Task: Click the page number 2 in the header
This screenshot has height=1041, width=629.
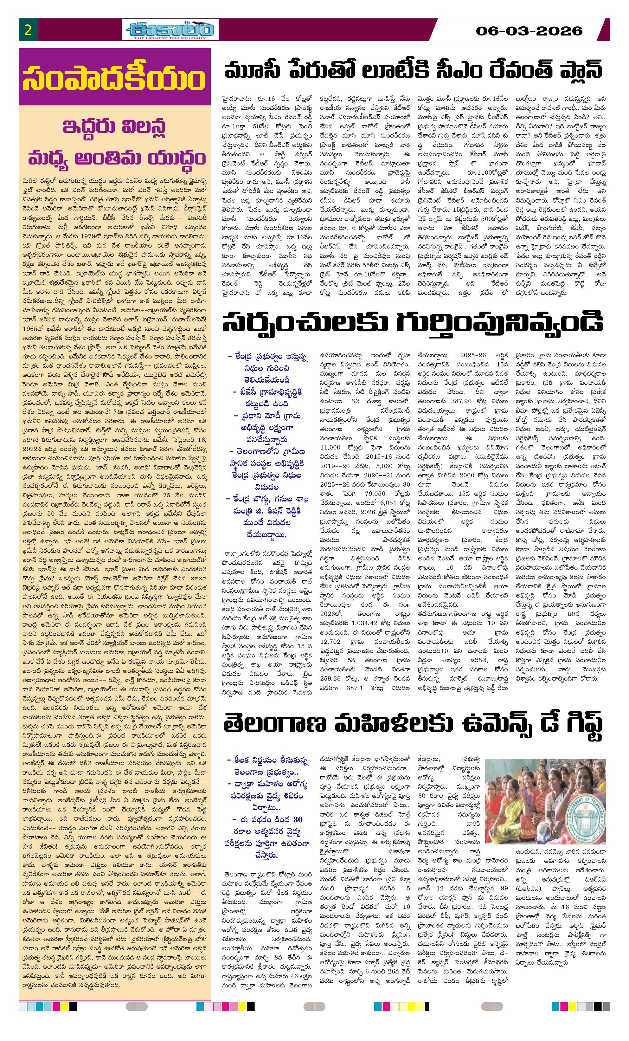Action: tap(28, 30)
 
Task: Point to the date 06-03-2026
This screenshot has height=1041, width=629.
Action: tap(529, 31)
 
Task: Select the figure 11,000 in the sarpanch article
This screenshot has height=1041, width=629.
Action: tap(330, 447)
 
